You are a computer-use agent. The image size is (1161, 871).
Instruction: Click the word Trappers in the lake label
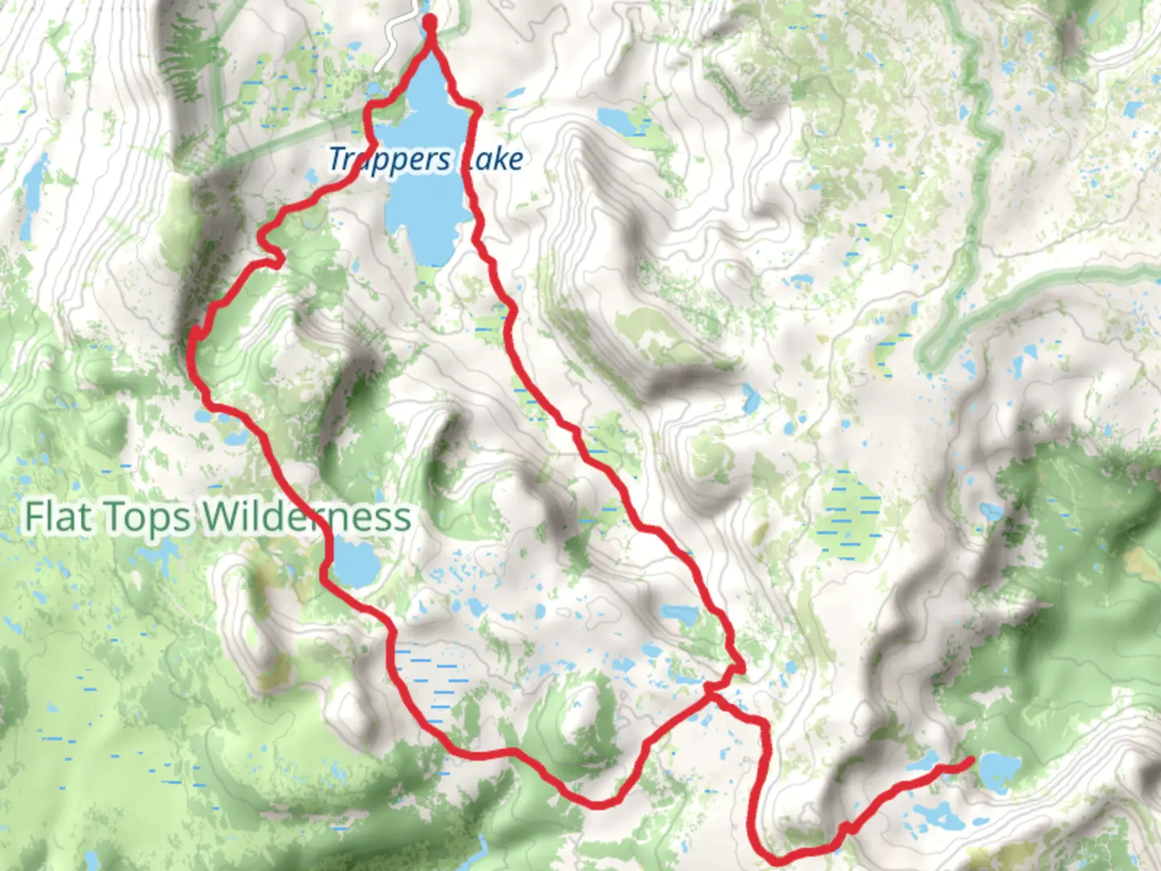(x=389, y=160)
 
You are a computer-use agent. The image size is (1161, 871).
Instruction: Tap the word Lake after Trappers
(x=493, y=160)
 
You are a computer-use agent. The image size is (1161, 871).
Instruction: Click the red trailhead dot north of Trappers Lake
(x=430, y=23)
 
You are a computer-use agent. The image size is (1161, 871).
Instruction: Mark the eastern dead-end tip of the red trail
(x=971, y=760)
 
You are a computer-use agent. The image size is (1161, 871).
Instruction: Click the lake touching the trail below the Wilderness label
(x=355, y=563)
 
